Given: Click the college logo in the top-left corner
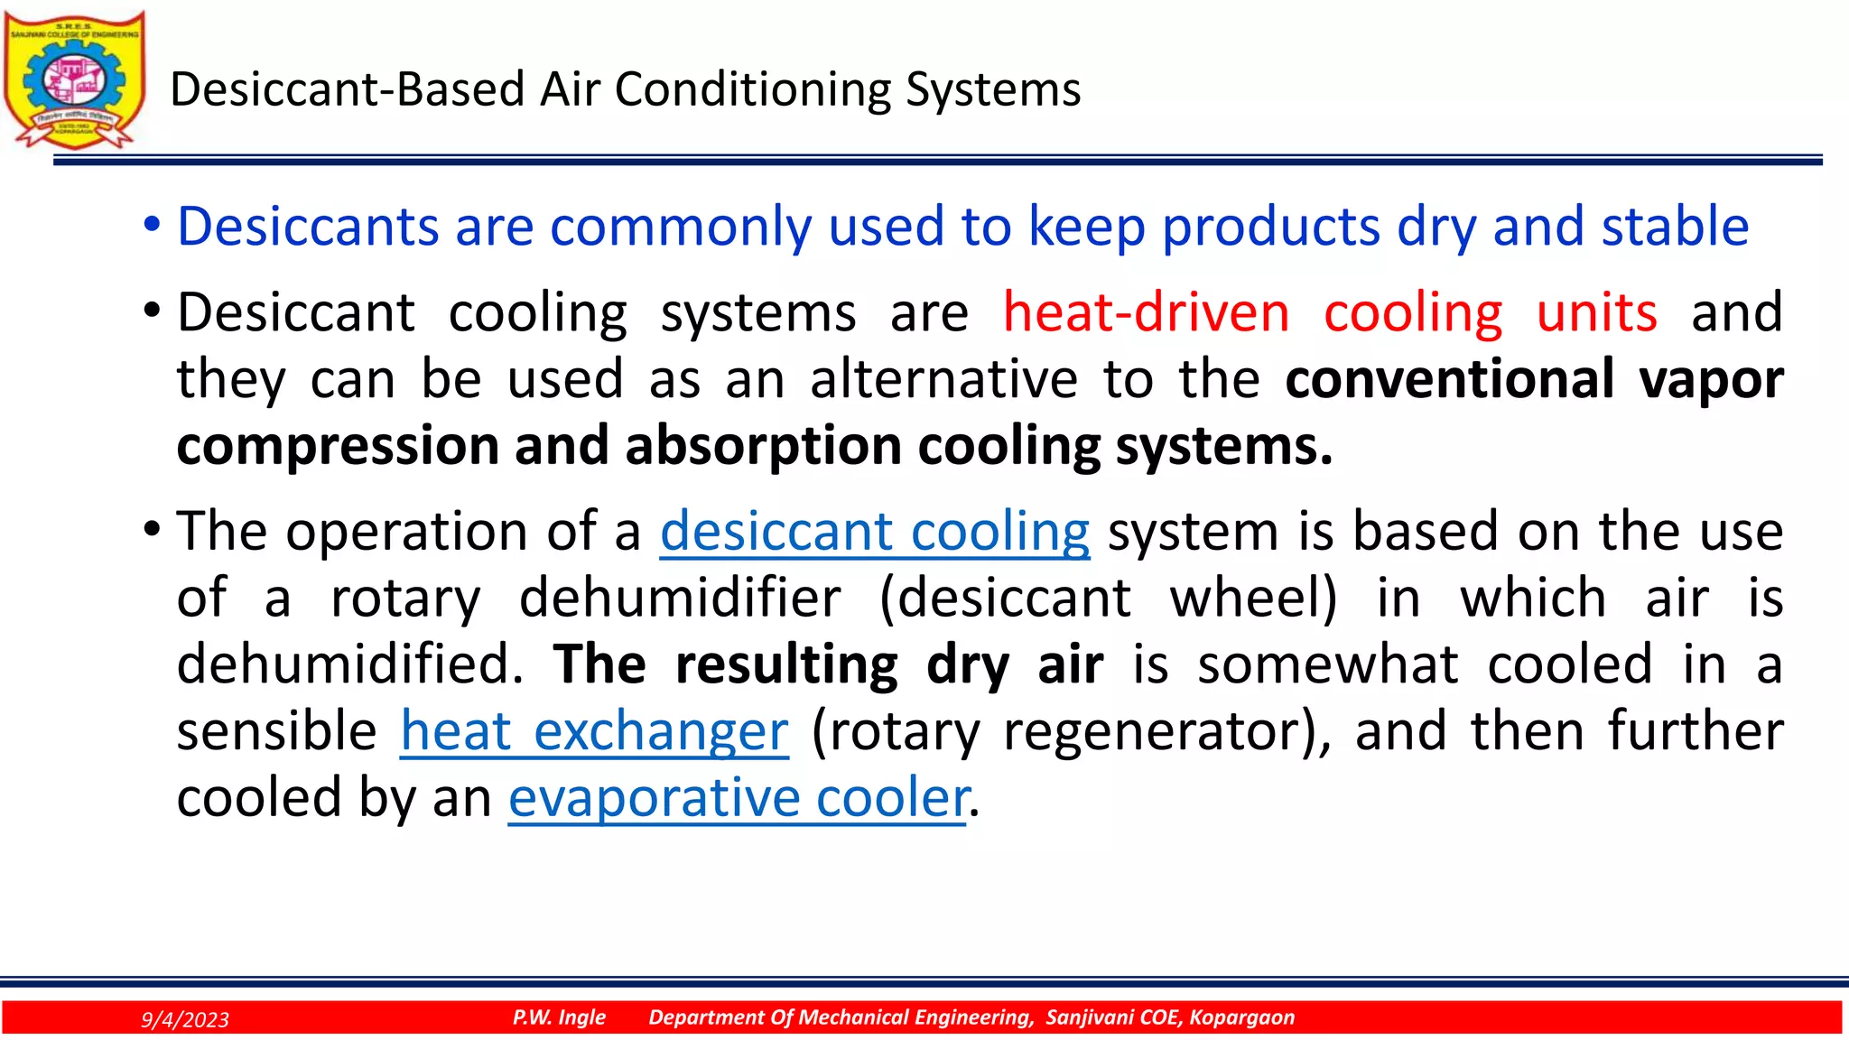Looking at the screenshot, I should point(74,79).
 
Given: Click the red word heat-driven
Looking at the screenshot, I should point(1146,312).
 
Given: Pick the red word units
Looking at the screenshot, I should point(1596,312).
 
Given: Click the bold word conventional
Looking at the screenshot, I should point(1449,378).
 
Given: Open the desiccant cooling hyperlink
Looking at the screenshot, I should point(874,531).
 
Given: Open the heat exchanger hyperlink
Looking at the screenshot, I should point(594,730).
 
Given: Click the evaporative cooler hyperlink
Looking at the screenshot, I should point(738,797).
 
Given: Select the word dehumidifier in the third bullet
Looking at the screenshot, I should point(680,598).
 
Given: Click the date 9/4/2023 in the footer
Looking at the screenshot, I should point(185,1019).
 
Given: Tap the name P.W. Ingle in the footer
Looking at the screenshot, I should point(559,1017).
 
